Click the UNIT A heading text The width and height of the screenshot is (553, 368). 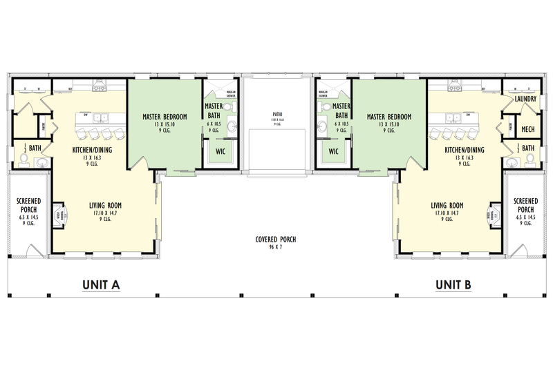point(102,284)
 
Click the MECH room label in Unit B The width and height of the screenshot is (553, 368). point(527,129)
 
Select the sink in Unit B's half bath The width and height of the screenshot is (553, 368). point(512,163)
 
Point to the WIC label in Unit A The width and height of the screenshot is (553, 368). point(221,151)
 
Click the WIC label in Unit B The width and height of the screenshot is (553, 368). point(333,151)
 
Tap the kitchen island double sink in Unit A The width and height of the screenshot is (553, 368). point(102,117)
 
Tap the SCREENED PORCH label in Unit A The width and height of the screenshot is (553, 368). point(28,209)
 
